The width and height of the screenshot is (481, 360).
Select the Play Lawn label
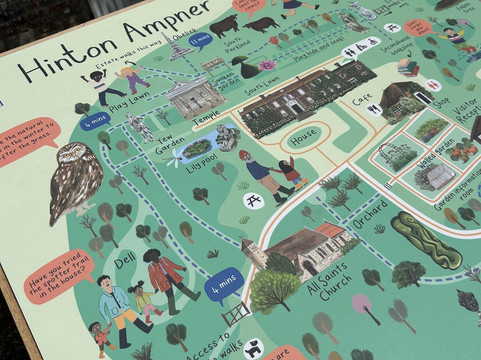pos(129,100)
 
